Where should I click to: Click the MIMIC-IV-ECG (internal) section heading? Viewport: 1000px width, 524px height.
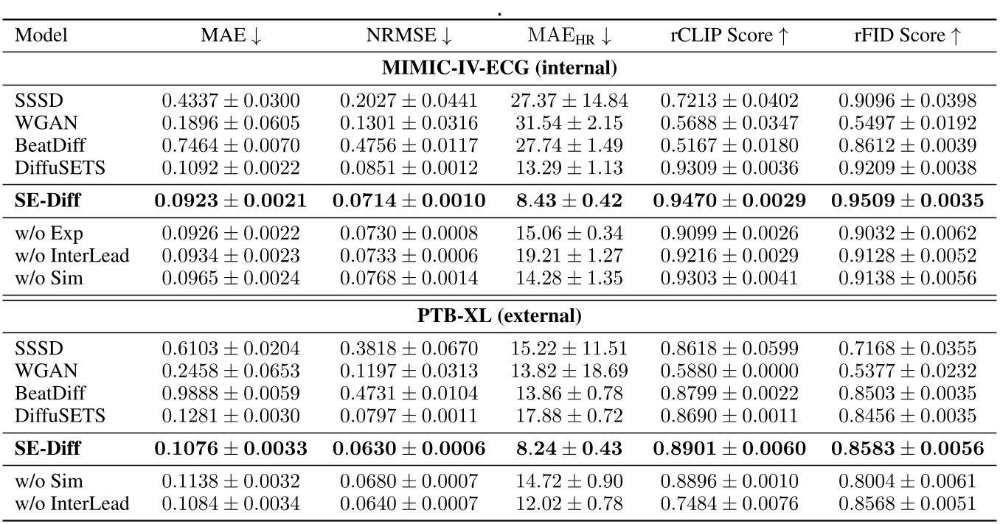(499, 69)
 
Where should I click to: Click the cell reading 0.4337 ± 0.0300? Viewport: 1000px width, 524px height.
(231, 100)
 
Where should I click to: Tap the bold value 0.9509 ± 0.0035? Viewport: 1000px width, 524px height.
(908, 200)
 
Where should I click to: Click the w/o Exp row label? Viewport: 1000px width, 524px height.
(49, 234)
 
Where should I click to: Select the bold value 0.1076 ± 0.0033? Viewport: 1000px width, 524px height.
(231, 448)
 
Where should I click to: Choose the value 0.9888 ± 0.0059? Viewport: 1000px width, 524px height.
(231, 392)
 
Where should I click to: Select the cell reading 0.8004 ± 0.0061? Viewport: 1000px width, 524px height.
(908, 482)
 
